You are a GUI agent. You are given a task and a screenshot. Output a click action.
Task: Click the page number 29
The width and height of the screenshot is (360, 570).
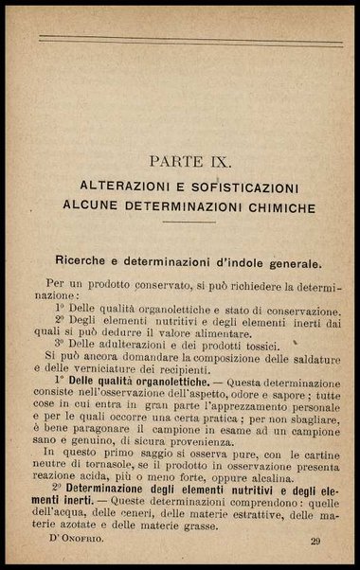point(315,542)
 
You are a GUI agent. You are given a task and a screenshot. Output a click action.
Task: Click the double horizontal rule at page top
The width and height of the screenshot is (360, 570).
point(189,40)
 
